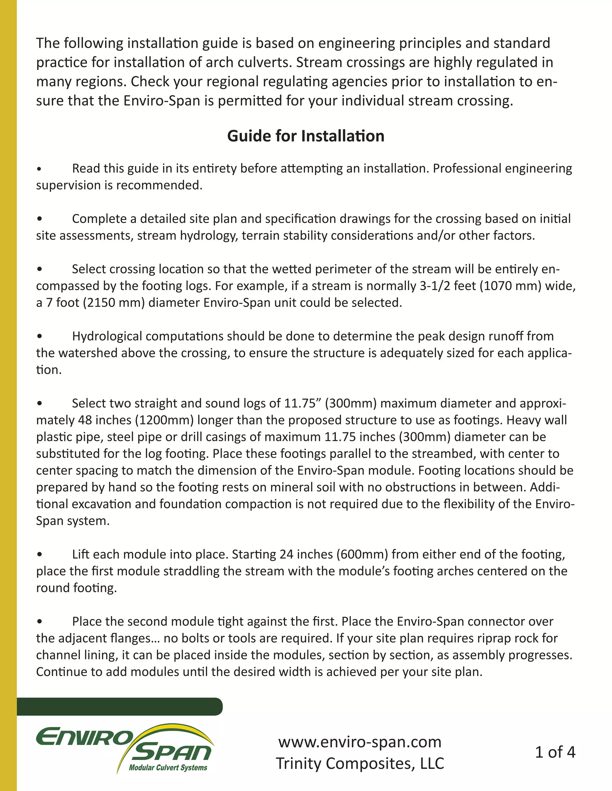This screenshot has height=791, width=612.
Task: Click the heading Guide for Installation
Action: click(306, 136)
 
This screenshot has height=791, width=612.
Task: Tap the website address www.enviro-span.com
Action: click(360, 742)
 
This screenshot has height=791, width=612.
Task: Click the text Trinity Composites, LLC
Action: click(360, 763)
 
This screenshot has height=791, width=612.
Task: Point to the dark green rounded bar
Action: click(120, 707)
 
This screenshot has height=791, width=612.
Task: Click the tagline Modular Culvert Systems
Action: click(168, 767)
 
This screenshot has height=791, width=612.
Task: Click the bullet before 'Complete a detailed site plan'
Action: click(39, 219)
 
